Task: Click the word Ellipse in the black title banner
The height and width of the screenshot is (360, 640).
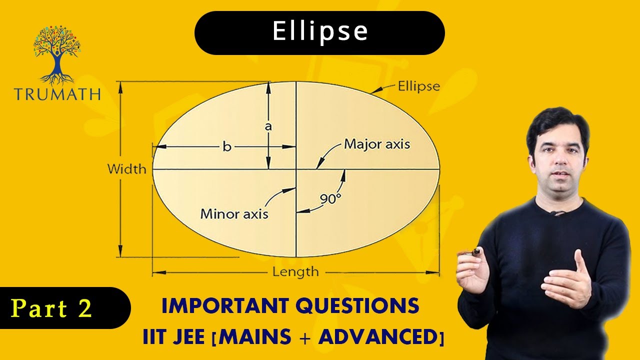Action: tap(320, 32)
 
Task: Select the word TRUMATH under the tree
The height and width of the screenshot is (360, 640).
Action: tap(57, 94)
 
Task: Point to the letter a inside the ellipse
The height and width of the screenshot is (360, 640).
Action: tap(268, 126)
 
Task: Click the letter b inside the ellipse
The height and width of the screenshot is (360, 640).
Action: tap(227, 147)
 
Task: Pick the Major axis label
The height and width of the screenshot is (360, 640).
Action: tap(377, 144)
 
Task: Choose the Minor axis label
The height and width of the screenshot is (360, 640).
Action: tap(234, 214)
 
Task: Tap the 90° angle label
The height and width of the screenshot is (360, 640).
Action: tap(330, 198)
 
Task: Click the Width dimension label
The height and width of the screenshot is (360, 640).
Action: tap(127, 169)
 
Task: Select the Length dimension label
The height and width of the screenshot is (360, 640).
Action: tap(295, 272)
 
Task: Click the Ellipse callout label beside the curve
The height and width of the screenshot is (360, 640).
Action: tap(418, 86)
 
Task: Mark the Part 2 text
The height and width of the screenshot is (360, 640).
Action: tap(51, 308)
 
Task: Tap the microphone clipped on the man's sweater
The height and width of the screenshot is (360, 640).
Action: tap(554, 213)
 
